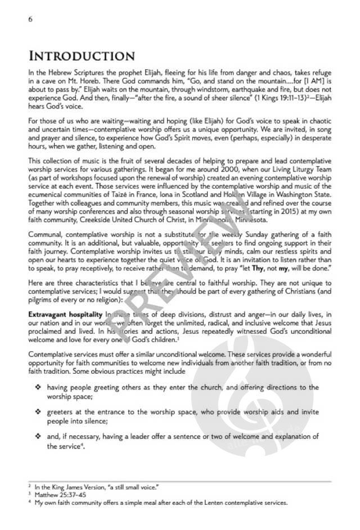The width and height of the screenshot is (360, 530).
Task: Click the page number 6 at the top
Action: tap(30, 19)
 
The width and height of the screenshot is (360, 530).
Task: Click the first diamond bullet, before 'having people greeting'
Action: tap(38, 387)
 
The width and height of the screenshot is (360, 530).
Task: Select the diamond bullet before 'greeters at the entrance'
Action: tap(38, 412)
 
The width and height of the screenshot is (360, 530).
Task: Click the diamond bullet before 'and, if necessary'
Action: tap(38, 437)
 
